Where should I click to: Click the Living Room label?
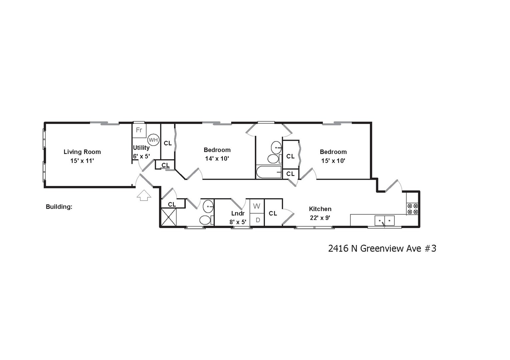82,152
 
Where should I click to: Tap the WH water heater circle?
153,140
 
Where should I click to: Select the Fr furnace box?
139,130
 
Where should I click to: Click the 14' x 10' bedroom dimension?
217,159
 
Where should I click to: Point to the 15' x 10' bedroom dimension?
333,161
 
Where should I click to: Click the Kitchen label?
320,209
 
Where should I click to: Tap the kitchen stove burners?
413,209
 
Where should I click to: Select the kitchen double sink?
385,221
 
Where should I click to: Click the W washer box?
257,206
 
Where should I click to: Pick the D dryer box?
258,220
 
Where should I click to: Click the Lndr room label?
238,213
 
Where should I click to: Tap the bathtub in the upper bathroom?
269,172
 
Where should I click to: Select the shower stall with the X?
168,217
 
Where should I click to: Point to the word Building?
59,207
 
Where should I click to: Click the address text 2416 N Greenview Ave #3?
382,249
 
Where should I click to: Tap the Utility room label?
141,148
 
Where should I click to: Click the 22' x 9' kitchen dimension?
320,218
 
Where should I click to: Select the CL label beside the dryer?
273,213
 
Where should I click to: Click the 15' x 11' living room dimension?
82,161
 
